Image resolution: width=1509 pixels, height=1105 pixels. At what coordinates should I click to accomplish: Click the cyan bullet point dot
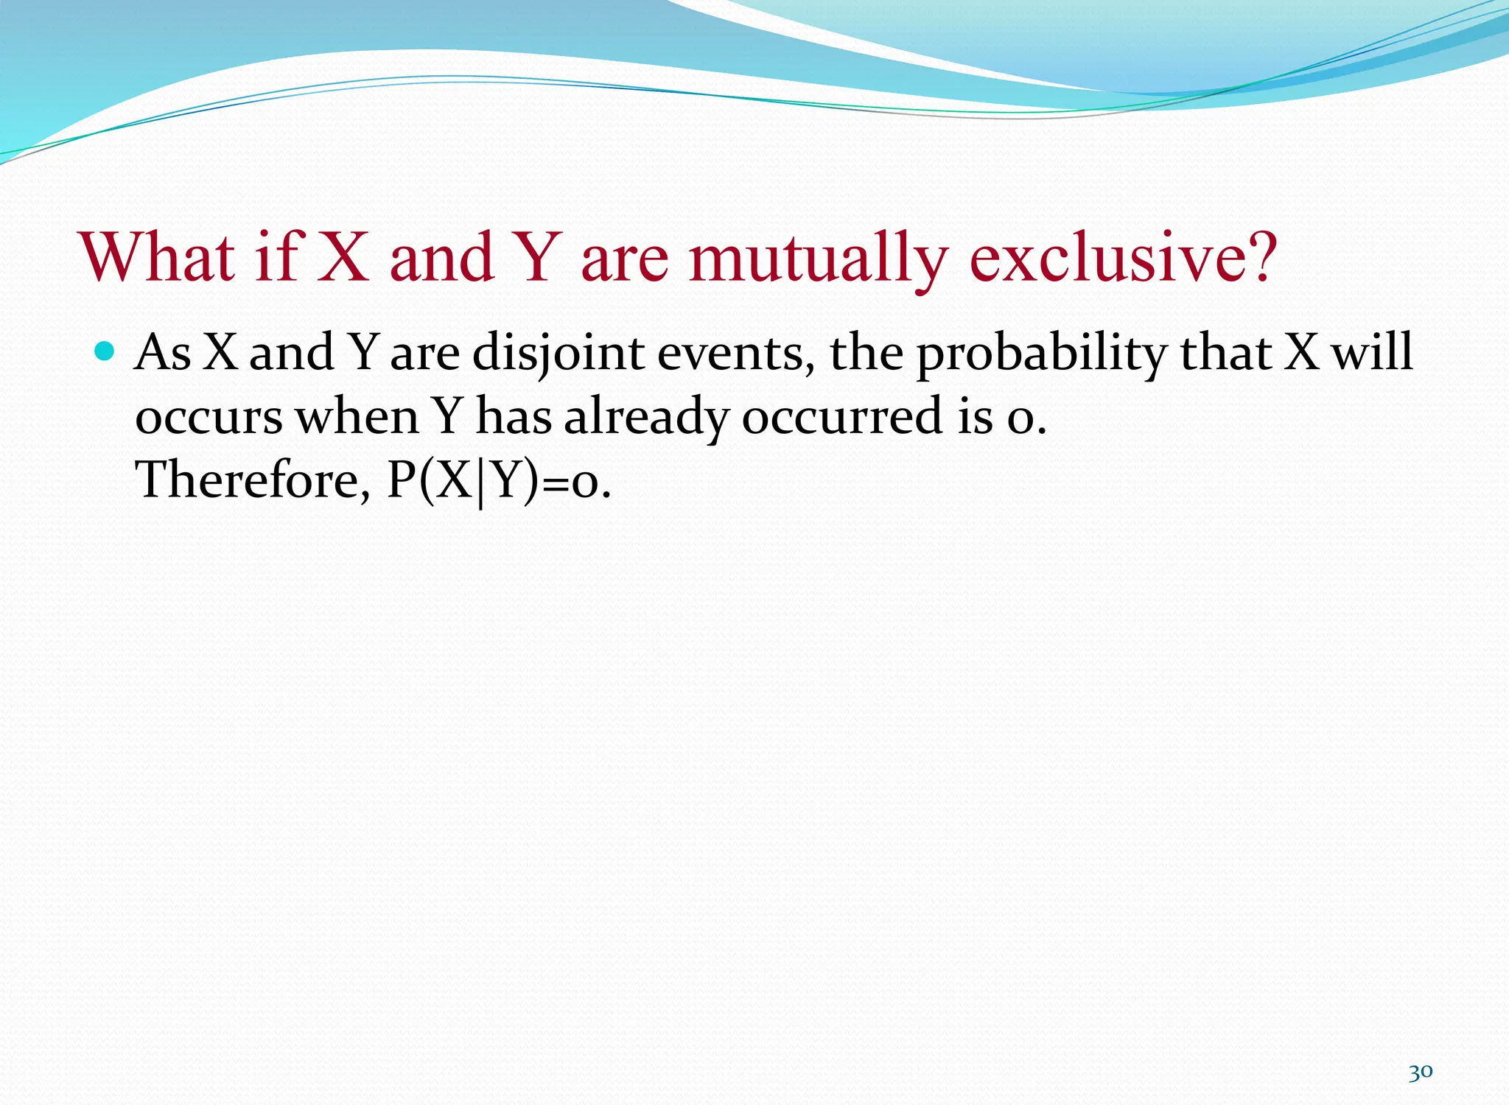(105, 351)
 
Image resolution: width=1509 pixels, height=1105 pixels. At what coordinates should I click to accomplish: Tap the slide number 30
(1420, 1072)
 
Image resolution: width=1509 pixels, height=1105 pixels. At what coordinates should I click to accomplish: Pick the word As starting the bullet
(164, 352)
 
